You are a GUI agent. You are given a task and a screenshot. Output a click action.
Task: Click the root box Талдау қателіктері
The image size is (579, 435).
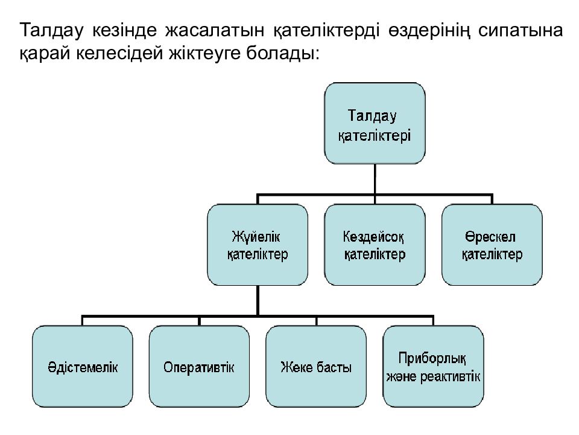click(x=375, y=123)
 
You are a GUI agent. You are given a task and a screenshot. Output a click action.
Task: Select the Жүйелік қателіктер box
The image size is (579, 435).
click(x=258, y=245)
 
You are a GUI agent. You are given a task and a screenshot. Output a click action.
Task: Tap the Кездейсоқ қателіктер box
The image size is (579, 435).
click(x=375, y=245)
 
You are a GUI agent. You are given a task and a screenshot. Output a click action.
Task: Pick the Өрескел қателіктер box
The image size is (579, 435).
click(x=492, y=245)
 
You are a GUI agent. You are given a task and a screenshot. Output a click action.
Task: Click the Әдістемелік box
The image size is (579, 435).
click(x=83, y=367)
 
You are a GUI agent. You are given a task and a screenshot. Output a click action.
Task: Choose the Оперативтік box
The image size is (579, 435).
click(x=199, y=367)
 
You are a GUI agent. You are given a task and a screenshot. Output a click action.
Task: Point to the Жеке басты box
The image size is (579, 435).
click(x=316, y=367)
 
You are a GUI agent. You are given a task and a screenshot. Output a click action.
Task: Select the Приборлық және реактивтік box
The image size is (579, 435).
click(x=433, y=367)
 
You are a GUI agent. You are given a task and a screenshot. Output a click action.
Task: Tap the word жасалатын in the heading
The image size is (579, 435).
click(x=215, y=30)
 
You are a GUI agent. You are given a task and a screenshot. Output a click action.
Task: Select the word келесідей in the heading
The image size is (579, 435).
click(x=119, y=53)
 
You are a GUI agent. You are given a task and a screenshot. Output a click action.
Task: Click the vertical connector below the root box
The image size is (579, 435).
click(x=375, y=179)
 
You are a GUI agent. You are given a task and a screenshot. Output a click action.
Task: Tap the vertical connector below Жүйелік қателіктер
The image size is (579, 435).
click(x=258, y=300)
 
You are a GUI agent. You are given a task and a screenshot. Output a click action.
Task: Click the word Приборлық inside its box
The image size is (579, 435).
click(x=432, y=358)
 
